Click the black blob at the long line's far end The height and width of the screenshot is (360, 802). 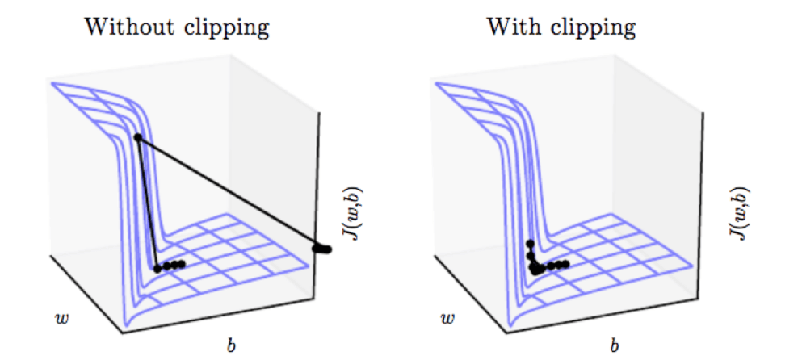322,249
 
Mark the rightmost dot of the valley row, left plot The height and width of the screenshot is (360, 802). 182,264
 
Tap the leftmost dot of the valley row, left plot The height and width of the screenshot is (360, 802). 158,268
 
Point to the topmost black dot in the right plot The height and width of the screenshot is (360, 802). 530,243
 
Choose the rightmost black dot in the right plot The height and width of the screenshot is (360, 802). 565,264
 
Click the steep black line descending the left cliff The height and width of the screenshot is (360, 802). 148,202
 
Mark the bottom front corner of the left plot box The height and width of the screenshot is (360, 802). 123,331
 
